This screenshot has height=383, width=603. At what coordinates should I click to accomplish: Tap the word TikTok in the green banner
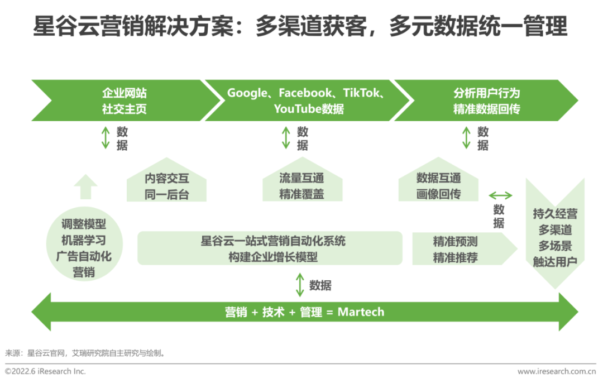[x=362, y=93]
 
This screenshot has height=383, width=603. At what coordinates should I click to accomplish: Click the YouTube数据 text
[x=309, y=109]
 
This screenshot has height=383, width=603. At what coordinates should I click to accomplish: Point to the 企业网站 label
[x=124, y=93]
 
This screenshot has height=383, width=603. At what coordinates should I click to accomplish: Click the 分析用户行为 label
[x=486, y=93]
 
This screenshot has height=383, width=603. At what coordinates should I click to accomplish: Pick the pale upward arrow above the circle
[x=85, y=186]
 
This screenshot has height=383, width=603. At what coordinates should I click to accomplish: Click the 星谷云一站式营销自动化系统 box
[x=270, y=248]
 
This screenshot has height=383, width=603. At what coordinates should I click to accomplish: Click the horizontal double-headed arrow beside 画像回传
[x=500, y=195]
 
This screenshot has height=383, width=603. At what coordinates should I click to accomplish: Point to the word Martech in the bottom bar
[x=361, y=312]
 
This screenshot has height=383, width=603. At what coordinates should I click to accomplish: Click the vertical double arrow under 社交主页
[x=106, y=138]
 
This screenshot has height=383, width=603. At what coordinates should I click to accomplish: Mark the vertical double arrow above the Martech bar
[x=300, y=285]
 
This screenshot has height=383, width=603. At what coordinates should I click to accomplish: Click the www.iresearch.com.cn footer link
[x=556, y=371]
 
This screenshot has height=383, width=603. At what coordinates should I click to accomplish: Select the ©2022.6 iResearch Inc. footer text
[x=46, y=371]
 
